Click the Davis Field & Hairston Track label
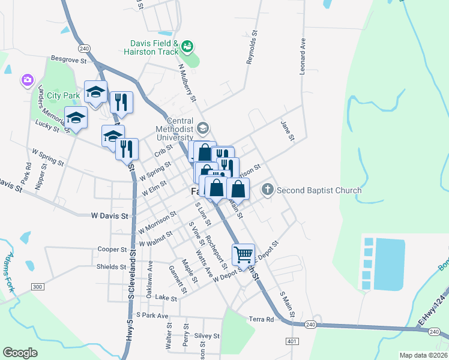coord(154,48)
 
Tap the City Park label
coord(63,95)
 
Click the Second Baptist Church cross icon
coord(268,190)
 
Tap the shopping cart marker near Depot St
coord(243,254)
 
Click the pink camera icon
coord(27,80)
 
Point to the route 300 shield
coord(37,287)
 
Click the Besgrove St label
coord(69,60)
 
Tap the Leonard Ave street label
coord(303,57)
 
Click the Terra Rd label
coord(262,319)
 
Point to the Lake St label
coord(166,298)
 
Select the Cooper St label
coord(112,249)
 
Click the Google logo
coord(20,353)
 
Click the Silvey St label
coord(208,337)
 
